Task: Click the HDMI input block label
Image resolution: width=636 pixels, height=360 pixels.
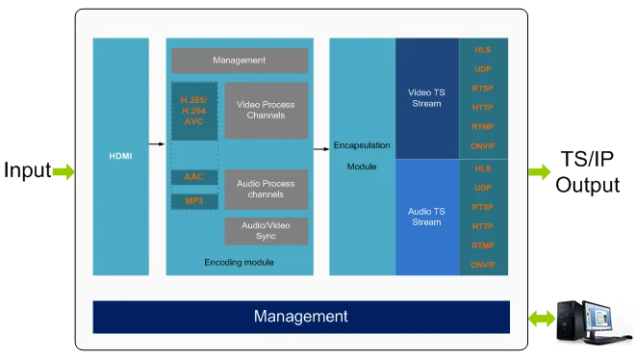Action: coord(120,156)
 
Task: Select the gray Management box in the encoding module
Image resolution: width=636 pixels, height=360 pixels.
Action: coord(240,61)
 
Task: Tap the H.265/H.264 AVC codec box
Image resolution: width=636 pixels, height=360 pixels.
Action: coord(194,111)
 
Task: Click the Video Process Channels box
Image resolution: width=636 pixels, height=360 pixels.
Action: coord(267,111)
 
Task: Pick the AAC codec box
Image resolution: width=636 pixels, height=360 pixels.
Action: coord(194,177)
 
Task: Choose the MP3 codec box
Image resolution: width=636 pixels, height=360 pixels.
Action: coord(194,201)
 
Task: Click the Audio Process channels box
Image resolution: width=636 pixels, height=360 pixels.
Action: coord(267,190)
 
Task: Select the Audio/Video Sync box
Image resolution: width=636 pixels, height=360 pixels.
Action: coord(267,231)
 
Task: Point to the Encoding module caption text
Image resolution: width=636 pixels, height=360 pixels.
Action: coord(239,263)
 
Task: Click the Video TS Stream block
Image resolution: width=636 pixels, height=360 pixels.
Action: coord(427,98)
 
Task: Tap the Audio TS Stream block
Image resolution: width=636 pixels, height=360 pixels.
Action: coord(427,218)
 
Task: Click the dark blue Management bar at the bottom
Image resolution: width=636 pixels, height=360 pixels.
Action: coord(301,317)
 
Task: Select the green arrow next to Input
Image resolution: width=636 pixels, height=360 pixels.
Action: coord(64,171)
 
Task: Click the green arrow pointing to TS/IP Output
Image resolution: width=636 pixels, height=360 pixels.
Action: coord(540,171)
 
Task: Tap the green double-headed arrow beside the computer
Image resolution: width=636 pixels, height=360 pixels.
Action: coord(542,319)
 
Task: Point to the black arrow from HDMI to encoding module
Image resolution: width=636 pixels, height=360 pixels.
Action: coord(157,144)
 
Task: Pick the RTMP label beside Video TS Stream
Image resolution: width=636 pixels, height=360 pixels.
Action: coord(483,127)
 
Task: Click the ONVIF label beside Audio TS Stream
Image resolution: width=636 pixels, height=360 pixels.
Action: coord(483,265)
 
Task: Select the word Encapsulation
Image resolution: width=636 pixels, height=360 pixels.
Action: coord(362,145)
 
